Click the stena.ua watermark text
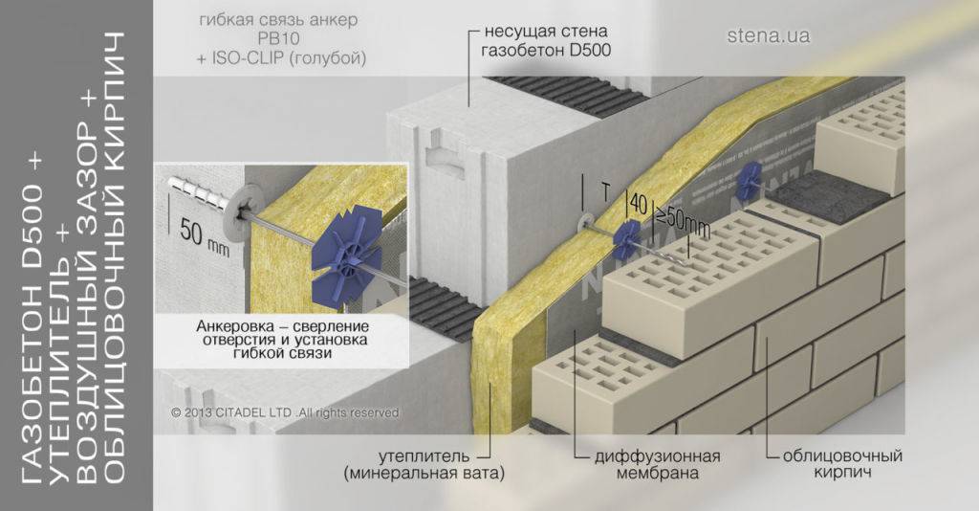click(x=768, y=37)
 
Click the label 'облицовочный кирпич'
click(x=835, y=463)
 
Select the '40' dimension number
click(x=638, y=204)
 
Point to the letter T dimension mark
click(x=604, y=191)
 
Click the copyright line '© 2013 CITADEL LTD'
click(x=284, y=412)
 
